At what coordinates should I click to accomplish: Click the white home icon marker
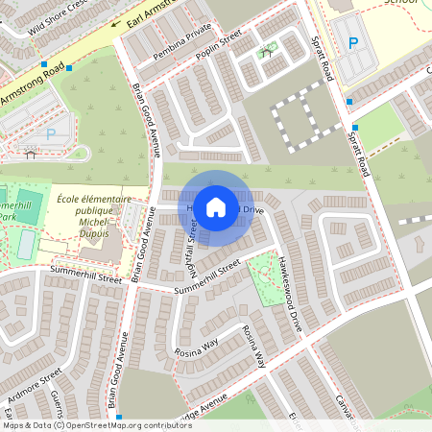pos(216,206)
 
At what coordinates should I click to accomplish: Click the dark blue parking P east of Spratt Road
pos(353,42)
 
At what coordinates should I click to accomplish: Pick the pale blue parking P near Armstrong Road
pos(50,135)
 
